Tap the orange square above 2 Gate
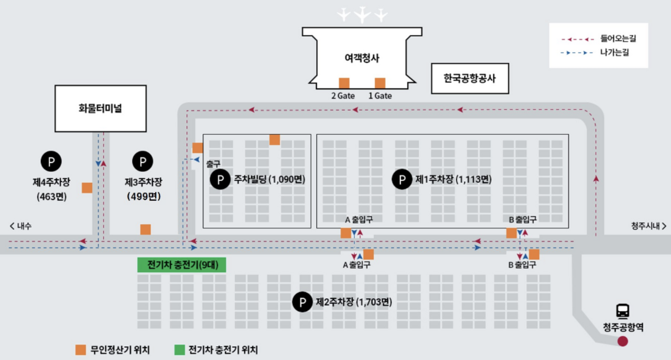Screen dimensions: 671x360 click(x=344, y=83)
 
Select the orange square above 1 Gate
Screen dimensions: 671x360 click(x=380, y=83)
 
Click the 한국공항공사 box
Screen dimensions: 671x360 click(x=469, y=79)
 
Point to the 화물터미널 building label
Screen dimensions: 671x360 click(x=100, y=108)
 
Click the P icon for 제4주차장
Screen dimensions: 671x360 click(x=51, y=161)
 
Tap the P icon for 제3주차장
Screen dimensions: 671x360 click(x=143, y=161)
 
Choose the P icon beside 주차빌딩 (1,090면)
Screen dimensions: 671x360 click(x=220, y=180)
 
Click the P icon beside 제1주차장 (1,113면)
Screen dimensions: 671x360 click(x=402, y=180)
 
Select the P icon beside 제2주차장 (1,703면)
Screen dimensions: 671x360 click(x=302, y=302)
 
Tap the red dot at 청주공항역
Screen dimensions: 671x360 click(x=623, y=342)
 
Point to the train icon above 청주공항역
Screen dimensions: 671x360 click(x=623, y=311)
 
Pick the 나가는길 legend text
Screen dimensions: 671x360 click(x=614, y=52)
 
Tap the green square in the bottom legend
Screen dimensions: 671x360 click(x=179, y=350)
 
